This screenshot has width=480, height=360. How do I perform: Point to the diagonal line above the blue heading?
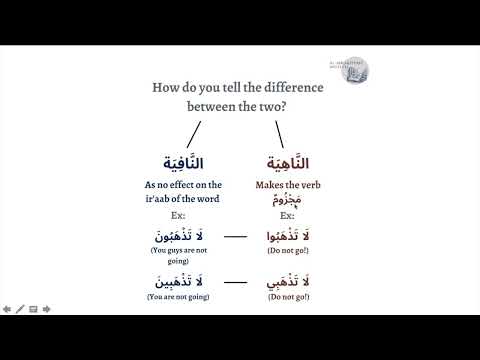(194, 133)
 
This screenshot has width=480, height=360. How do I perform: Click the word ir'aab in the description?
(174, 198)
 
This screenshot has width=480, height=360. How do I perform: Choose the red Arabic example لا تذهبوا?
(287, 235)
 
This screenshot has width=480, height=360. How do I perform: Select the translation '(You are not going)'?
(183, 296)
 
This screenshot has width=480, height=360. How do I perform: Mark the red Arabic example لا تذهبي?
(287, 280)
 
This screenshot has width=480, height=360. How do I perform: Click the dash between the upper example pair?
(236, 238)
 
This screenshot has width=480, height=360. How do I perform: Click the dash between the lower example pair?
(236, 283)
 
